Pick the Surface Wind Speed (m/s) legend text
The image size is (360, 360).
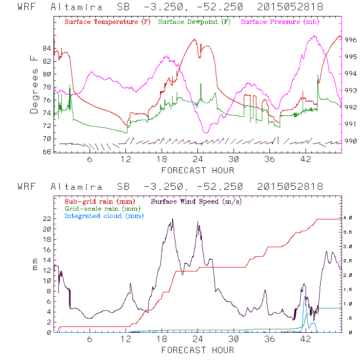tap(198, 201)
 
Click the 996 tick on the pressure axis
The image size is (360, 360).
tap(351, 40)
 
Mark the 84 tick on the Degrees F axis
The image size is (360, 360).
tap(47, 48)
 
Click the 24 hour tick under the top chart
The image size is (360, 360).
tap(198, 160)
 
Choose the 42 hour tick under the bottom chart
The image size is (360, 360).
tap(306, 339)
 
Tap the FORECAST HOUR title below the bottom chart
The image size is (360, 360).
tap(198, 350)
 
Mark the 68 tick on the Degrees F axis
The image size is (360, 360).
tap(47, 152)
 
